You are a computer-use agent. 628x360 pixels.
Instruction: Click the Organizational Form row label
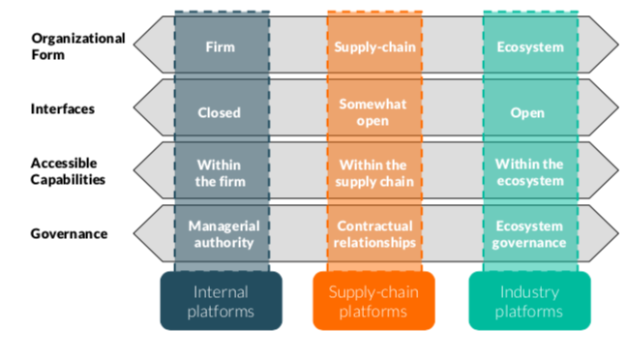tap(77, 46)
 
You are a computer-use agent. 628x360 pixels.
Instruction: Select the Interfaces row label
tap(63, 108)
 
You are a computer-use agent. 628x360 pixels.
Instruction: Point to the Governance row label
tap(69, 233)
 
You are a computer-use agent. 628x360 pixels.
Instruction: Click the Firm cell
tap(221, 46)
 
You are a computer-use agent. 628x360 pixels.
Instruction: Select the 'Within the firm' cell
tap(220, 172)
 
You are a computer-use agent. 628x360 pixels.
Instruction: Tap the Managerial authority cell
tap(221, 234)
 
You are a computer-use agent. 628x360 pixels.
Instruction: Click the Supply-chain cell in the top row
tap(374, 46)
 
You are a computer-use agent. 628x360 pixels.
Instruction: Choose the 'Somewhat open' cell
tap(374, 112)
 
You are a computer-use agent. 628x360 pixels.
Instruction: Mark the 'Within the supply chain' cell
tap(374, 172)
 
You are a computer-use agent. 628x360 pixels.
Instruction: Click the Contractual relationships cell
tap(374, 234)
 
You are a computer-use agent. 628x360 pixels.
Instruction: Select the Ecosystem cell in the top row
tap(529, 46)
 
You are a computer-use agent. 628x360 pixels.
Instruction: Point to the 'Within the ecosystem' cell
tap(529, 172)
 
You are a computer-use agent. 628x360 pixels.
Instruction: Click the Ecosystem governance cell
tap(529, 234)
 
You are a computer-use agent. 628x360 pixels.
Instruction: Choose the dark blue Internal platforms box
tap(221, 301)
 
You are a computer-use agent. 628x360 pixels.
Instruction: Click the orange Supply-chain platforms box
tap(374, 301)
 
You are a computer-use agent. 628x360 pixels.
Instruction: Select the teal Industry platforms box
tap(529, 301)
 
